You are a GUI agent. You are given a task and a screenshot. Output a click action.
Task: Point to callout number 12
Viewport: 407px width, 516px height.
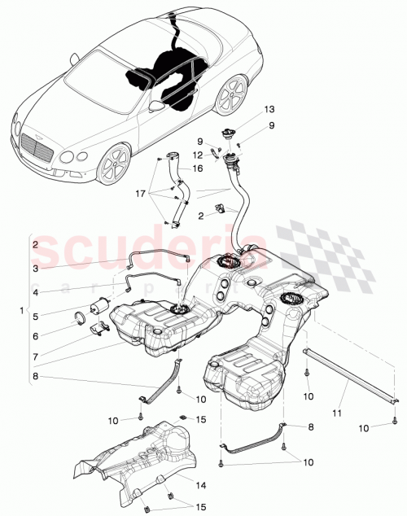pyautogui.click(x=197, y=155)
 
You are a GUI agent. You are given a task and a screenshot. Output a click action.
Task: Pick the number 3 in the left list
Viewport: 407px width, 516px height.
pyautogui.click(x=35, y=268)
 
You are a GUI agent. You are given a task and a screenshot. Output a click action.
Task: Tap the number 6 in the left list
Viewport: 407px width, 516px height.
pyautogui.click(x=35, y=335)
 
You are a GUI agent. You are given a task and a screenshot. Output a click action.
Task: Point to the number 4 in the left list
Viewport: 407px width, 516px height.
pyautogui.click(x=35, y=291)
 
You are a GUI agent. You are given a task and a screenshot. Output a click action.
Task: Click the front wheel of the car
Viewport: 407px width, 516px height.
pyautogui.click(x=113, y=165)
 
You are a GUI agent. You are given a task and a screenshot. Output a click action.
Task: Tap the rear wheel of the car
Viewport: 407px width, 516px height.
pyautogui.click(x=234, y=96)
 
